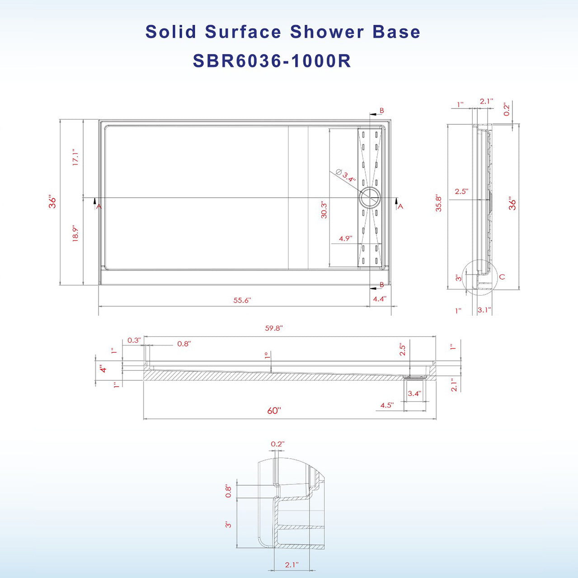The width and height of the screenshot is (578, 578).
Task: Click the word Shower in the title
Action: tap(327, 32)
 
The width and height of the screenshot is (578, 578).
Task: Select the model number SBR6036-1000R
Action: tap(272, 61)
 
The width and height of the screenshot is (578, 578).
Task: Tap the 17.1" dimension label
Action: tap(75, 157)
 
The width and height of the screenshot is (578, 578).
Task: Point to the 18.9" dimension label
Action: tap(75, 233)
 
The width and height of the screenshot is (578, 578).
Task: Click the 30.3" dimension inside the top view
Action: tap(324, 210)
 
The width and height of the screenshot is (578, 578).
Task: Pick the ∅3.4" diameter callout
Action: tap(346, 176)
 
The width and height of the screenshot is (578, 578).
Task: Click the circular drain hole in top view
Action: tap(370, 198)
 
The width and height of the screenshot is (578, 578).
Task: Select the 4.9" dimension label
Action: tap(345, 238)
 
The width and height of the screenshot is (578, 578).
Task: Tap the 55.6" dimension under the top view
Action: tap(242, 300)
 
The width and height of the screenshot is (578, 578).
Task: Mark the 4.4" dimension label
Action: tap(379, 299)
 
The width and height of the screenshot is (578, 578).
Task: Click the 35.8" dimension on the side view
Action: tap(438, 204)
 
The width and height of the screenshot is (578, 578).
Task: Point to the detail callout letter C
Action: tap(502, 277)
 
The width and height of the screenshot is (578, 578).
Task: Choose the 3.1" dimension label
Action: tap(484, 310)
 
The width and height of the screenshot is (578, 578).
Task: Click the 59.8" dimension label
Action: tap(273, 328)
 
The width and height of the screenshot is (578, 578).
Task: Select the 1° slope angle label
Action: tap(267, 355)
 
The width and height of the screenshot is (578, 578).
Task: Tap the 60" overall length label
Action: tap(273, 411)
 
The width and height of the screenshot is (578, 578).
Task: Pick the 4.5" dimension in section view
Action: tap(386, 405)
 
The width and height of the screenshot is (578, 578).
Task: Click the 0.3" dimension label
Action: tap(134, 340)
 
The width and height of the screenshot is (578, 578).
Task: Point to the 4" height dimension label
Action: tap(103, 369)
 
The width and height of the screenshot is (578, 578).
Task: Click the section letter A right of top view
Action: tap(400, 207)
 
